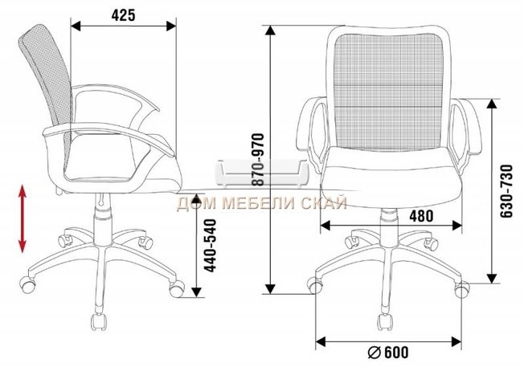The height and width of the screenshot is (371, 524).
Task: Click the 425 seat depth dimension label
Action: [x=123, y=15]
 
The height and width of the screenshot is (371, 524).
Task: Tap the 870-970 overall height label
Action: [x=258, y=160]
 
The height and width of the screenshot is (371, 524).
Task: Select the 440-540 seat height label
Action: [x=211, y=245]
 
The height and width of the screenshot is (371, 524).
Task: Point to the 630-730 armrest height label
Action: [x=506, y=191]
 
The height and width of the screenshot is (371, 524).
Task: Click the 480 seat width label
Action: [x=421, y=216]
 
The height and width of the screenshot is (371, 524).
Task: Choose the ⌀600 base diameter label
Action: [x=388, y=352]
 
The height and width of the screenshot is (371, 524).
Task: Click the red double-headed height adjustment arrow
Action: [x=23, y=218]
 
